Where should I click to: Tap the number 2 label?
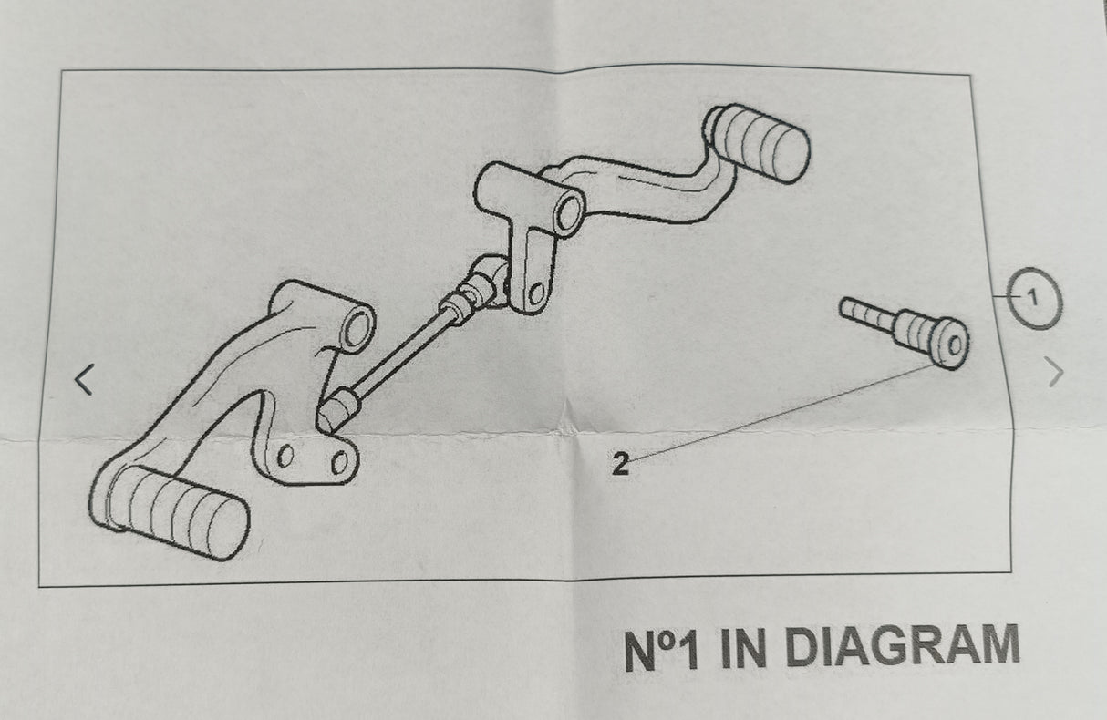(620, 466)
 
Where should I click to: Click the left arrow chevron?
(85, 379)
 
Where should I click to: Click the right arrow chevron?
(1054, 372)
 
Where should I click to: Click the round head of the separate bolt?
(951, 345)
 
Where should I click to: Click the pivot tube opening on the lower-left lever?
(357, 326)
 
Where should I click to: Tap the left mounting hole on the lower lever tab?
(285, 456)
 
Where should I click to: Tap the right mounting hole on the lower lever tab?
(339, 461)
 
